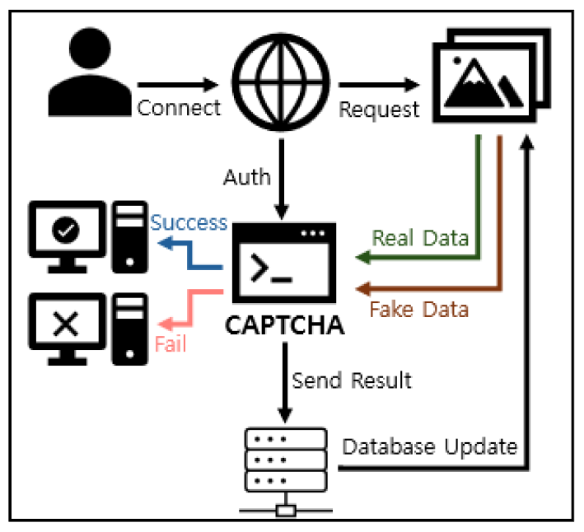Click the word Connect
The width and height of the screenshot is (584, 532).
[180, 109]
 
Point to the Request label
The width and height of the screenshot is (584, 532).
[380, 110]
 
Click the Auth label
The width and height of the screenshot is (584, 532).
[246, 177]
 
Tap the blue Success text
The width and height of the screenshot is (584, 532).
[189, 222]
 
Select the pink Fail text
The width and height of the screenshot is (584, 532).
[171, 343]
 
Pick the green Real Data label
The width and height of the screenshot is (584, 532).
[421, 238]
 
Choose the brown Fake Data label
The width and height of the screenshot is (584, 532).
[419, 310]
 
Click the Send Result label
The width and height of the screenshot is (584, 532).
[352, 381]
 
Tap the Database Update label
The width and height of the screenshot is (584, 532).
[429, 447]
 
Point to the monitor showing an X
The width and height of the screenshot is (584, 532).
[66, 326]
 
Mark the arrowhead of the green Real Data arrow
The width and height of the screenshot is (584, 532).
[361, 259]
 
